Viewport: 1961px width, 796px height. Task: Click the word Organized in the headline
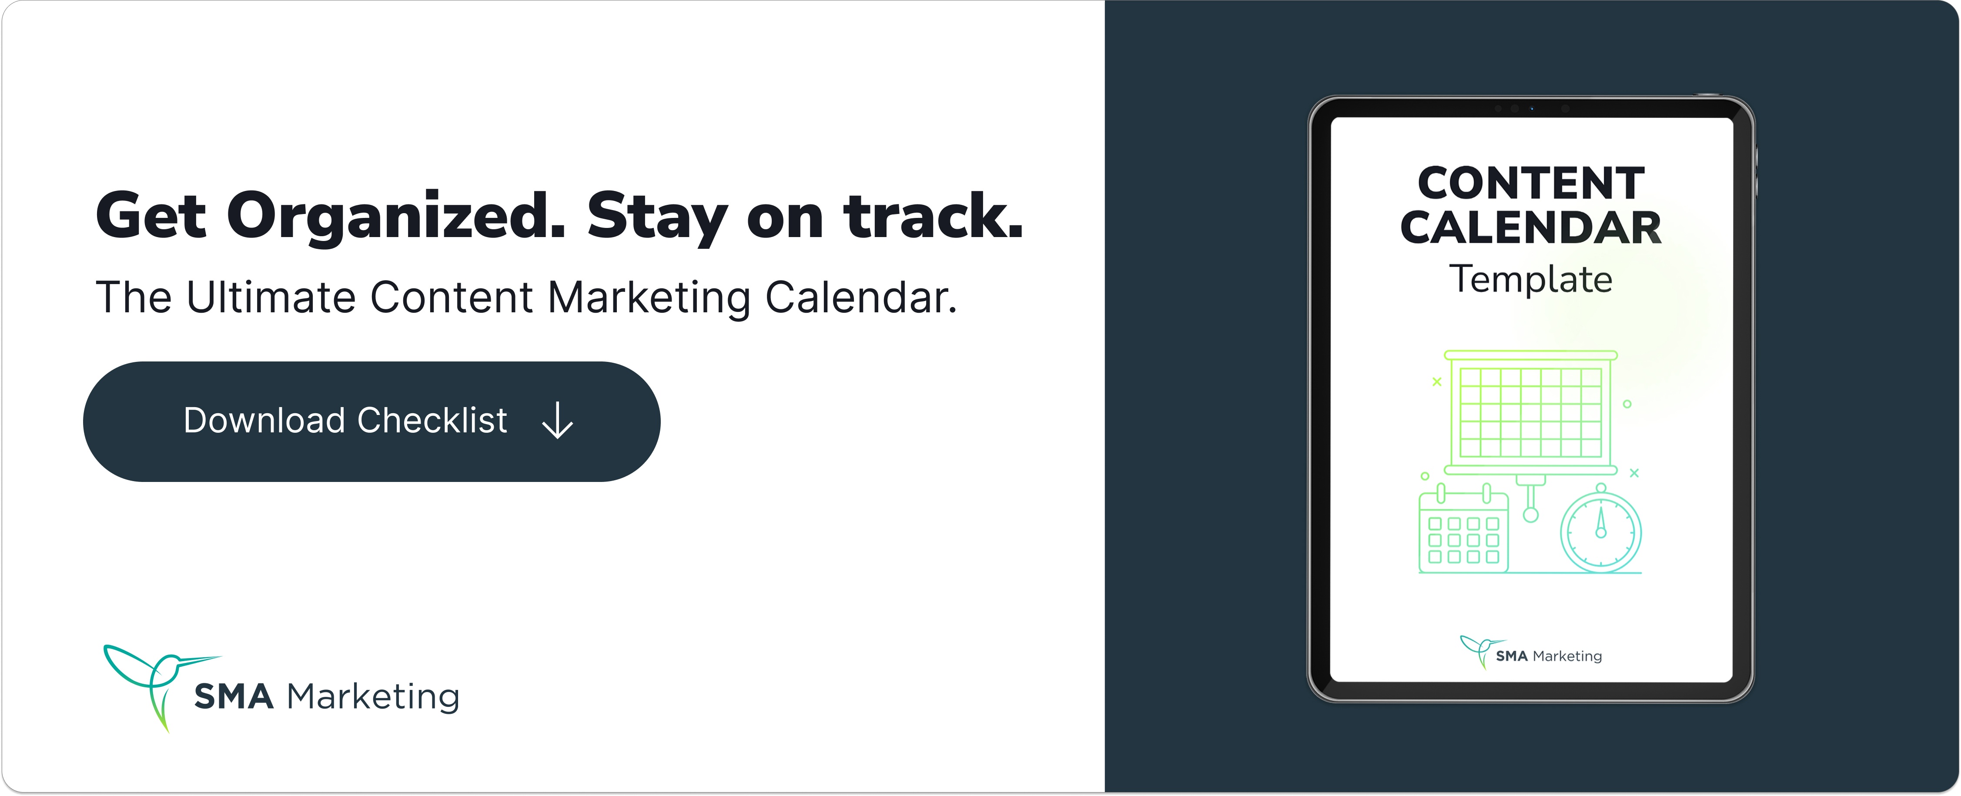coord(396,217)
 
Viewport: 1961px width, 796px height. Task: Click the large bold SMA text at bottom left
coord(234,696)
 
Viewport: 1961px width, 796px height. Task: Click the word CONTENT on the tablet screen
coord(1531,184)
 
